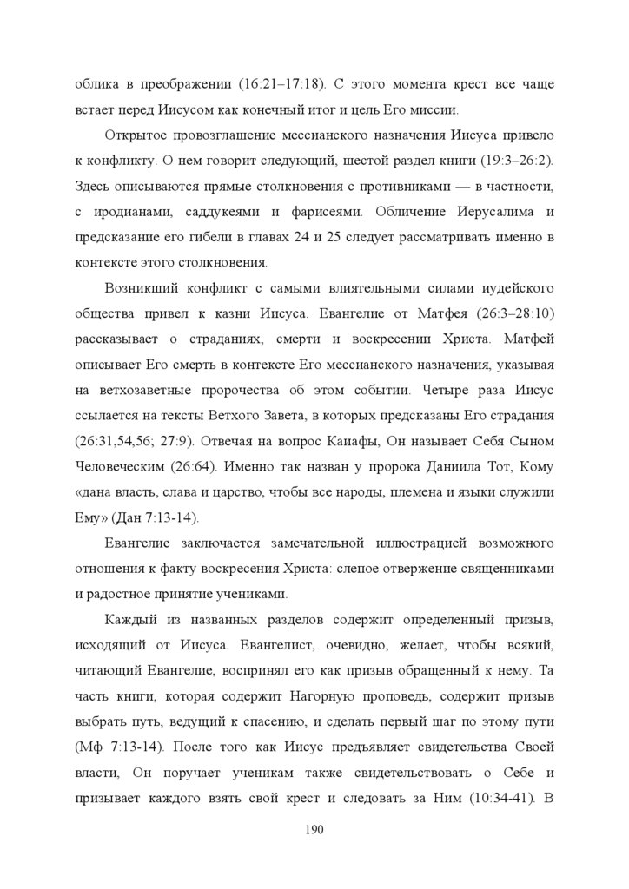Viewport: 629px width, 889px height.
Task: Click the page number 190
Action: tap(314, 830)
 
